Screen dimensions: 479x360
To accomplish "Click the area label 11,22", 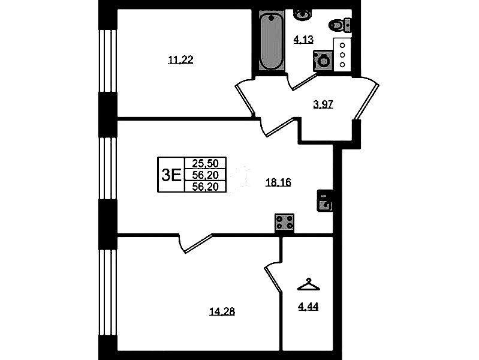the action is click(180, 60).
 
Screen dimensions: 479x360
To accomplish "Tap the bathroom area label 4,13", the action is click(303, 40).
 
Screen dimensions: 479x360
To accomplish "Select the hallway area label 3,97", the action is click(323, 104).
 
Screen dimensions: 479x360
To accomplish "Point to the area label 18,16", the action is click(278, 182).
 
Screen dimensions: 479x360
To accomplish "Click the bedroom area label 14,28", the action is click(222, 311).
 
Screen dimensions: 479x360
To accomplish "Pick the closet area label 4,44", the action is click(308, 307).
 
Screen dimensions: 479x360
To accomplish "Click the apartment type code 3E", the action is click(171, 175).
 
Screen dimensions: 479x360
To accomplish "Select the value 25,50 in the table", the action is click(205, 163).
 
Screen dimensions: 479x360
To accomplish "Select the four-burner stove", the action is click(284, 222).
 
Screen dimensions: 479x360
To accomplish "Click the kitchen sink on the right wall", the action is click(325, 200).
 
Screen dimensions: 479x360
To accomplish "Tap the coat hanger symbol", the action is click(309, 284).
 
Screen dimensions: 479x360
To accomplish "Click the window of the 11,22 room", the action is click(108, 61).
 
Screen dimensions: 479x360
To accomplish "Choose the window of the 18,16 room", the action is click(108, 169).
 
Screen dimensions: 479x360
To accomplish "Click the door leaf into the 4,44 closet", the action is click(273, 279).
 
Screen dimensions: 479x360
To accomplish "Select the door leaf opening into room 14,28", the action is click(198, 244).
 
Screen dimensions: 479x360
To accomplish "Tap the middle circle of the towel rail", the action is click(342, 55).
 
